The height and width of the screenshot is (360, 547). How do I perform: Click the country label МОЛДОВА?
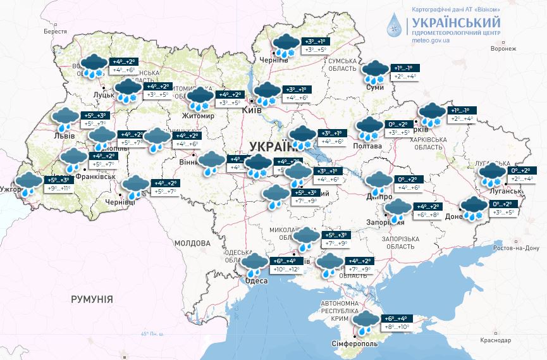click(x=192, y=243)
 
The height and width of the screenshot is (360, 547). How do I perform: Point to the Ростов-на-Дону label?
click(x=518, y=247)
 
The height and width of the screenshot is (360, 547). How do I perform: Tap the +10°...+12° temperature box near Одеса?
click(x=285, y=270)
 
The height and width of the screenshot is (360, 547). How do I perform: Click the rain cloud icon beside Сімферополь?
click(x=365, y=323)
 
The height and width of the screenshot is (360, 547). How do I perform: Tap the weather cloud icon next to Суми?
click(x=375, y=72)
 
